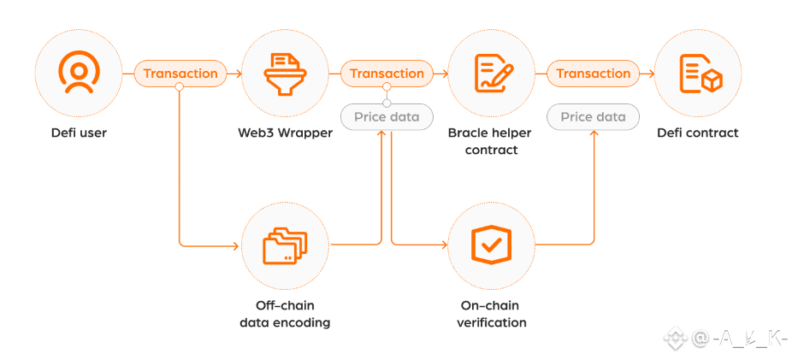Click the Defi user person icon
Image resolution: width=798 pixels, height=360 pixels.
pos(78,74)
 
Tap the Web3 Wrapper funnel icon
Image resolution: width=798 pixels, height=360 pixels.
pos(285,74)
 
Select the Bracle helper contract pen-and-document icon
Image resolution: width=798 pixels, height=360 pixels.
pos(493,74)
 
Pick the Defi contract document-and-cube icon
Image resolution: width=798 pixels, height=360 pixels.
pos(699,74)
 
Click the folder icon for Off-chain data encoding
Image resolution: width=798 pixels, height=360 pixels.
pos(285,245)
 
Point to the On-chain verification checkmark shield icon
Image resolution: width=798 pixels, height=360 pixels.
pos(492,245)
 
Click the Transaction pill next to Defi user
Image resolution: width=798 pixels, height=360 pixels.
pos(180,74)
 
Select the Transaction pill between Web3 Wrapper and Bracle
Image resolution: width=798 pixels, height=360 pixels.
pos(387,74)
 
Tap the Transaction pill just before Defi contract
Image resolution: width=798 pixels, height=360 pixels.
pos(593,74)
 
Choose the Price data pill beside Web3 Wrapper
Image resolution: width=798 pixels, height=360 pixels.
pos(387,116)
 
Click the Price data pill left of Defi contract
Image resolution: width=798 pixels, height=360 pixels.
pos(593,116)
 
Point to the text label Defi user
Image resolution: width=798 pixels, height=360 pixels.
pos(78,133)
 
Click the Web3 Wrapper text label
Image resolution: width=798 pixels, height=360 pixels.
pos(285,133)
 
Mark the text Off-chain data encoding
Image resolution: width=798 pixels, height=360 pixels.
pos(285,314)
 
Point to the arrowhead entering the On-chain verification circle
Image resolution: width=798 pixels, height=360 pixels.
pos(444,245)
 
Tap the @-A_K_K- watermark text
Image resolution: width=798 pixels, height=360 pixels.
pos(738,339)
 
